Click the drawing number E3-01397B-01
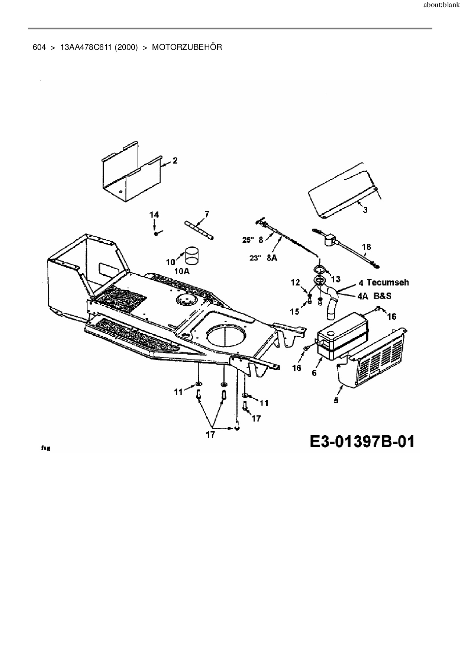click(361, 442)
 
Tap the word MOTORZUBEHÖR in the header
click(187, 47)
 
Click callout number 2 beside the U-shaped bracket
click(175, 161)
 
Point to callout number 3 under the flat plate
click(365, 210)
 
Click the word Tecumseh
click(387, 283)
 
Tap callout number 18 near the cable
click(366, 247)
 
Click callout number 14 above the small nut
click(154, 215)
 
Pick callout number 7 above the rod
click(207, 214)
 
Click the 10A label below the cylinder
click(182, 271)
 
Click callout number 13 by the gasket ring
click(335, 279)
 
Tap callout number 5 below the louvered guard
click(336, 400)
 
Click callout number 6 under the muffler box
click(314, 373)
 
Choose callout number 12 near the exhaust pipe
click(295, 283)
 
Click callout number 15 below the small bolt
click(294, 311)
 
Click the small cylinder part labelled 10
click(192, 254)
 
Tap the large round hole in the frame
click(226, 331)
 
